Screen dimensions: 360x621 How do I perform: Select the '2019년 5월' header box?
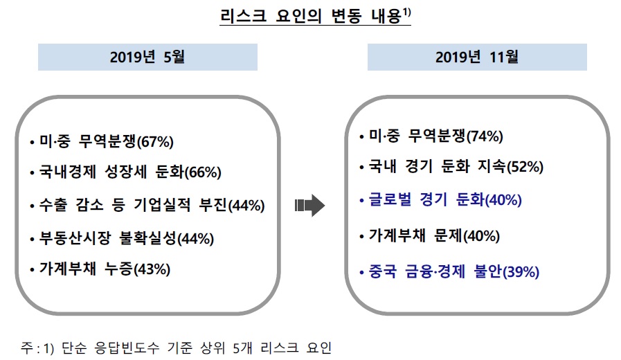click(x=147, y=57)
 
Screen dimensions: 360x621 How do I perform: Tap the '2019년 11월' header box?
click(x=477, y=57)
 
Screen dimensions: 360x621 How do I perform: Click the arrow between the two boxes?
click(x=309, y=204)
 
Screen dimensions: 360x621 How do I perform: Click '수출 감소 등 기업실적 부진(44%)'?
click(x=147, y=206)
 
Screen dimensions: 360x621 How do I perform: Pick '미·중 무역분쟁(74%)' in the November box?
click(x=431, y=136)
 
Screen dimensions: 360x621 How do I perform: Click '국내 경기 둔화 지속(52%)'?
click(x=451, y=167)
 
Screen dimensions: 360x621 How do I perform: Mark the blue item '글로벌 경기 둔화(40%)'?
click(x=440, y=200)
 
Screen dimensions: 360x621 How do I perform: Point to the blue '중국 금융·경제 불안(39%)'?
click(x=449, y=272)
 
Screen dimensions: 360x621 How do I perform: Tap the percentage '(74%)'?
click(x=485, y=136)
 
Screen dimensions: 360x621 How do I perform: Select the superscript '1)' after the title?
click(x=406, y=11)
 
